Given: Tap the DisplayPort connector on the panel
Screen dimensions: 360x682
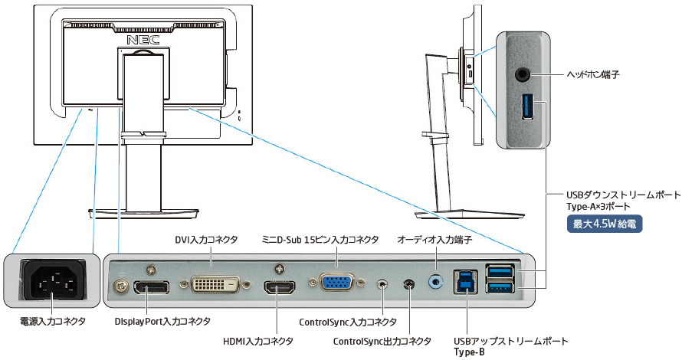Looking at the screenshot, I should click(x=151, y=290).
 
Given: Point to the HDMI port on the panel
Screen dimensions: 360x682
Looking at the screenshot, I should click(x=281, y=289).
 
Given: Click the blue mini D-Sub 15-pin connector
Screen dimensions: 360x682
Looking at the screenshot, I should click(x=336, y=283).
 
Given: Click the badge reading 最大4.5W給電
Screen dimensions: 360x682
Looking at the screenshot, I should click(x=603, y=224).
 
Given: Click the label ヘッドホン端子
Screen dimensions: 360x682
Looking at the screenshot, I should click(x=592, y=75).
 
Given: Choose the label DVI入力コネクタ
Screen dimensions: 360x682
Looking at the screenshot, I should click(x=207, y=240).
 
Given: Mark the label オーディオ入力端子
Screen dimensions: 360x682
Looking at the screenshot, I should click(x=434, y=240).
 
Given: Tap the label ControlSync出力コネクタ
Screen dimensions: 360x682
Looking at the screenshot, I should click(x=380, y=342).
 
